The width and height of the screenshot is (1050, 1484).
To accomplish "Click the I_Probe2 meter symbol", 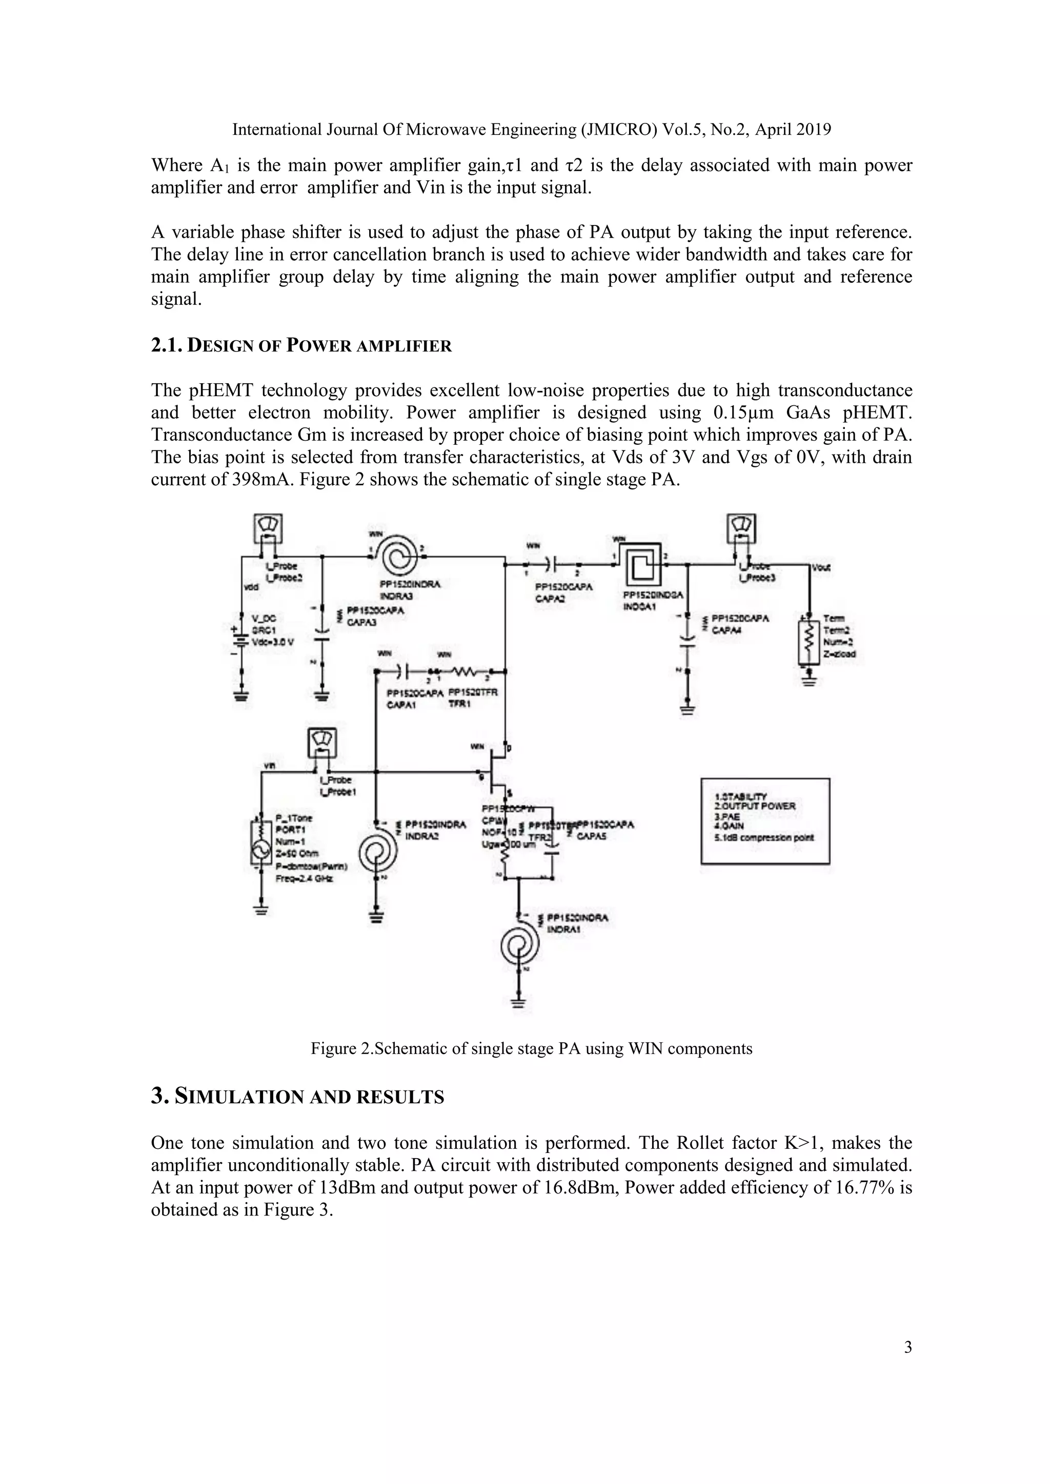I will point(267,529).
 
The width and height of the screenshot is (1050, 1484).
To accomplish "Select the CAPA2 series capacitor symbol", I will point(550,565).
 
